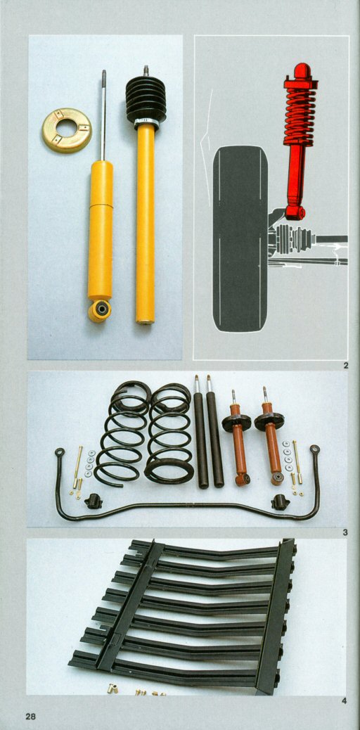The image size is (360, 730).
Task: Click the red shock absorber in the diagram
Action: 298,140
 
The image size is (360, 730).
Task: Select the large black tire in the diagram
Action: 240,238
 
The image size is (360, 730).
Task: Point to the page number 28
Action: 30,716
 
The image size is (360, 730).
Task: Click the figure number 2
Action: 345,366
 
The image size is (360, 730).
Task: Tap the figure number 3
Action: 345,532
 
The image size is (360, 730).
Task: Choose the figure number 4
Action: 345,700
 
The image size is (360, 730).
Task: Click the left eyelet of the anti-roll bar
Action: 60,452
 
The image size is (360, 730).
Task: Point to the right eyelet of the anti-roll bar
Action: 315,449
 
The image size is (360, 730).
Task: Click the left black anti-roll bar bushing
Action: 93,501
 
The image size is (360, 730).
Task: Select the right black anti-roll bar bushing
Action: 281,502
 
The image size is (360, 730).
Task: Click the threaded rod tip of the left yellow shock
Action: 104,75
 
